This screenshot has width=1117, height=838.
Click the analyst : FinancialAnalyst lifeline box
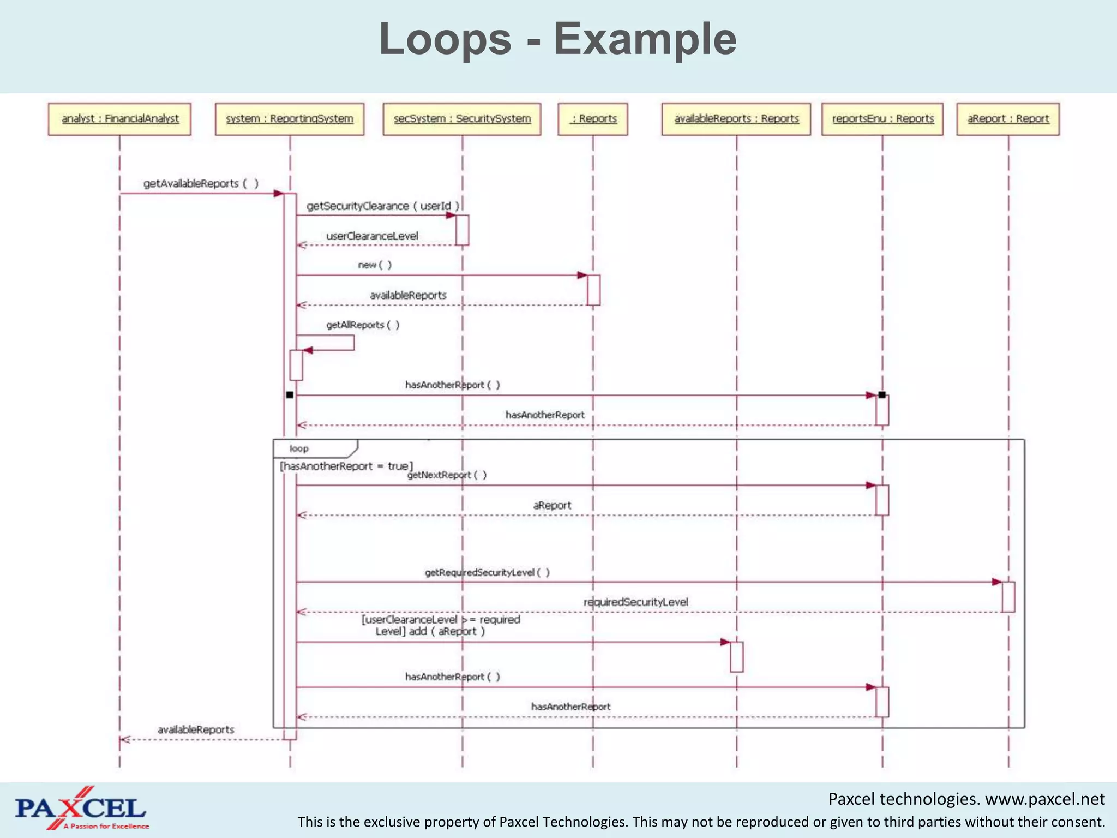tap(119, 119)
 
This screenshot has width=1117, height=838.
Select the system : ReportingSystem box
tap(290, 119)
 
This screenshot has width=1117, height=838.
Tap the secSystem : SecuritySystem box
tap(462, 119)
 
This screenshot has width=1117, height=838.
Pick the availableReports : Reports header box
tap(736, 119)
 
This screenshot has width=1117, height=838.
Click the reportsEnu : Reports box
tap(882, 119)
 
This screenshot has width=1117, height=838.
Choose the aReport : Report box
tap(1008, 119)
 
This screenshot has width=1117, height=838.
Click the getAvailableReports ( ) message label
tap(201, 184)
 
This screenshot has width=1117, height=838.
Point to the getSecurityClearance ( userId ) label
tap(383, 206)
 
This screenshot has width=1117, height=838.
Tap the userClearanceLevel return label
tap(372, 236)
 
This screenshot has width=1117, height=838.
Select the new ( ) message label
tap(375, 265)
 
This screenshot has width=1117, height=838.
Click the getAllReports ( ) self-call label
tap(363, 325)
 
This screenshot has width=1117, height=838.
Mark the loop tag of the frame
tap(299, 448)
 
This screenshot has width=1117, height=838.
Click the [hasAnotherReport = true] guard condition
tap(346, 466)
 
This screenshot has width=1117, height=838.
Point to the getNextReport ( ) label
tap(447, 475)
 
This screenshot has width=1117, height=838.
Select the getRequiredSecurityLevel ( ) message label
tap(487, 572)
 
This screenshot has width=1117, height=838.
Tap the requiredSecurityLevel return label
tap(635, 602)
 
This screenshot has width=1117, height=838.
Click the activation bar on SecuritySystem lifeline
tap(463, 230)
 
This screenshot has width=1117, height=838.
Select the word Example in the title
tap(645, 39)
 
